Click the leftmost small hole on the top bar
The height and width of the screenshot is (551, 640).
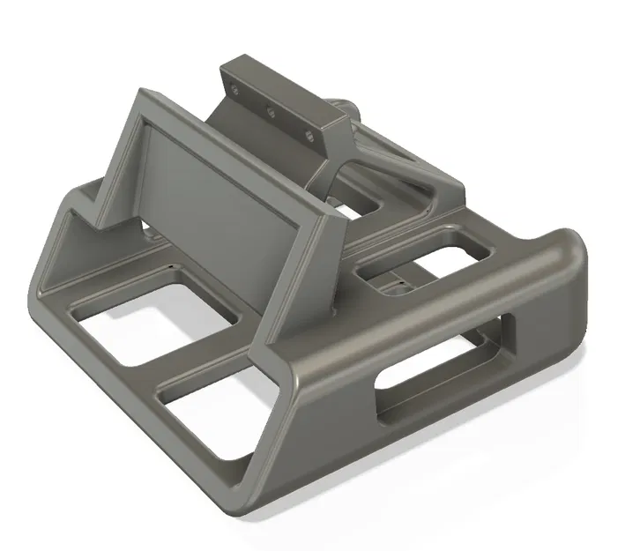[x=234, y=88]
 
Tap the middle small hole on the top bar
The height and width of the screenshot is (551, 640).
[x=271, y=111]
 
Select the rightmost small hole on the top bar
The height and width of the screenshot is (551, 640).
[x=309, y=136]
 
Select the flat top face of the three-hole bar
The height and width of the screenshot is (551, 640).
[x=282, y=88]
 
